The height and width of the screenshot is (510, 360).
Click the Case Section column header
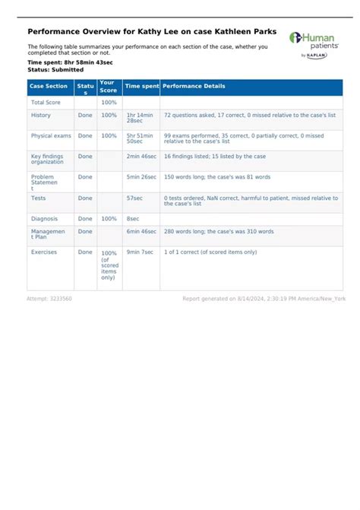[x=49, y=87]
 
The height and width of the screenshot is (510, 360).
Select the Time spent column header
[x=141, y=87]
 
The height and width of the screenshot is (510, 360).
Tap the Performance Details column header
[x=194, y=87]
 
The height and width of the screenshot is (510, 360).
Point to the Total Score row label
[x=46, y=102]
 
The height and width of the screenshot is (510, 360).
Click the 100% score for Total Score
[x=109, y=102]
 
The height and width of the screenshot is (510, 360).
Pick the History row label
[x=41, y=115]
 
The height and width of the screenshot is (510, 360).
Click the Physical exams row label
[x=52, y=135]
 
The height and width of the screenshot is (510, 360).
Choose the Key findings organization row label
[x=47, y=159]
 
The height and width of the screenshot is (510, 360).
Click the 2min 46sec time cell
[x=141, y=156]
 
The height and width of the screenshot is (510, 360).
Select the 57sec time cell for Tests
[x=134, y=198]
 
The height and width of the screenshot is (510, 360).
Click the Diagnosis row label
[x=44, y=218]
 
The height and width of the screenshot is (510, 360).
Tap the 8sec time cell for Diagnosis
[x=133, y=218]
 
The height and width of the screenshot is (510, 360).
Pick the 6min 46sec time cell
[x=141, y=231]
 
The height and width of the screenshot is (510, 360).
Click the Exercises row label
[x=44, y=252]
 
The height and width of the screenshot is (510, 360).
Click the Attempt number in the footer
[x=49, y=299]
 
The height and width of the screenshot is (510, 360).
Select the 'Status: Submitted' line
[x=55, y=70]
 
